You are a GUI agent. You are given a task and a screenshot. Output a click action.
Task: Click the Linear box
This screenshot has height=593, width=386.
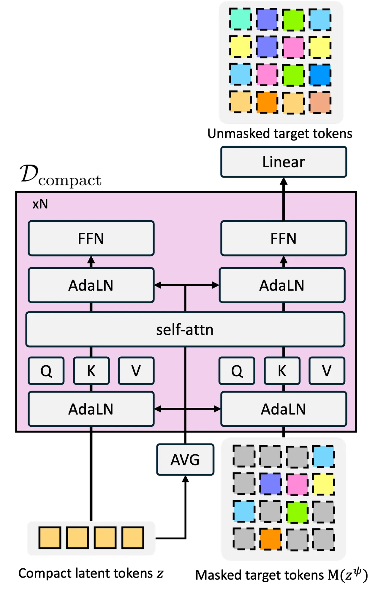pos(284,162)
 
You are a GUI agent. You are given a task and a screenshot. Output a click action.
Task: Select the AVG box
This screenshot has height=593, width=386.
pos(185,460)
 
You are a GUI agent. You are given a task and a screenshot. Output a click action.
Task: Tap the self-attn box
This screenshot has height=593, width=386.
pos(185,329)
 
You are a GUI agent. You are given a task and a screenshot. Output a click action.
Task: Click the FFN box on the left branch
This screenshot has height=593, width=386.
pos(91,238)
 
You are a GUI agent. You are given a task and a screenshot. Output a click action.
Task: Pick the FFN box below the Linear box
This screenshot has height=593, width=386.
pos(284,238)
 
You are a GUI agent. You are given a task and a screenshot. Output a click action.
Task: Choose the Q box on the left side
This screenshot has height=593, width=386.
pos(46,371)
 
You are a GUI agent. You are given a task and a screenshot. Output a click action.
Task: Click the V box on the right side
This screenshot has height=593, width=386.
pos(327,371)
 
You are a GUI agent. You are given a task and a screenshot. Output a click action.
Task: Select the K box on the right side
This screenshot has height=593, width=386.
pos(282,371)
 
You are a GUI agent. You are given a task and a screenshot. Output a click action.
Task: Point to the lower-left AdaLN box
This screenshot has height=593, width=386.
pos(91,409)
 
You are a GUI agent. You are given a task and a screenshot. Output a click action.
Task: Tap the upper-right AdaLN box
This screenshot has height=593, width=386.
pos(282,285)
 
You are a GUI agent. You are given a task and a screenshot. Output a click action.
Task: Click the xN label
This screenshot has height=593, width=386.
pos(40,204)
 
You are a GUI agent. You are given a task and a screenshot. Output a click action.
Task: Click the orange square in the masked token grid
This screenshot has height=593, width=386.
pos(270,539)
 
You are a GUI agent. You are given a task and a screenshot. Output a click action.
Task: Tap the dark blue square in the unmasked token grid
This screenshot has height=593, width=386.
pos(320,75)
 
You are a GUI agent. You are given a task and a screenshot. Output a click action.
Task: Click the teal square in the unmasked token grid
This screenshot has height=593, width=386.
pos(241,19)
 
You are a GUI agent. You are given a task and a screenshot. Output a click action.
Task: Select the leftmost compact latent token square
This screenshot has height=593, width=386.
pos(50,538)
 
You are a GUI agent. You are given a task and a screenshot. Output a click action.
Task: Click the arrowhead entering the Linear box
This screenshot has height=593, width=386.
pos(284,181)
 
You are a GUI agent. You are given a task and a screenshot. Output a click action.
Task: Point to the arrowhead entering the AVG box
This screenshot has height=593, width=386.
pos(185,479)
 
